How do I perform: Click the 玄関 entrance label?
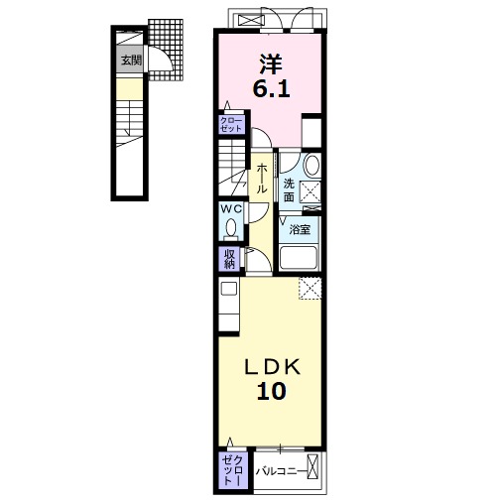131,61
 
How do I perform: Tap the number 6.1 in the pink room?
271,88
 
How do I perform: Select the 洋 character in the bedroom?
271,63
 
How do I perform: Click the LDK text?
272,367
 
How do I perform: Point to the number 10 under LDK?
272,391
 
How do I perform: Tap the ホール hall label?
261,179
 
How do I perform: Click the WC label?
231,208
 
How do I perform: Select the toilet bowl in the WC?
231,227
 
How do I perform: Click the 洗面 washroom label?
289,190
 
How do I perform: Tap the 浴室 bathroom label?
300,229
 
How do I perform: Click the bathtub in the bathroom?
299,258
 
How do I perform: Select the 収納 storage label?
229,259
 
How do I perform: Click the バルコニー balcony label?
281,471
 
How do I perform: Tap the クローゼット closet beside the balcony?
232,470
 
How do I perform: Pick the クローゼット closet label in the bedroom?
231,124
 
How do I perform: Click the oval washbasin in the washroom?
311,166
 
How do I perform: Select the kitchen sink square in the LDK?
229,289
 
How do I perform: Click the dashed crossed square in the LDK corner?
310,289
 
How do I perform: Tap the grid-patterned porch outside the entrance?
166,50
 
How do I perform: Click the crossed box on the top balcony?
247,20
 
